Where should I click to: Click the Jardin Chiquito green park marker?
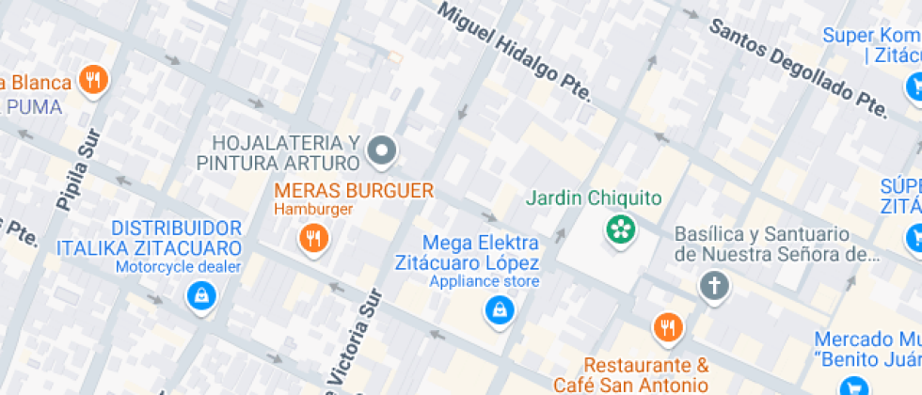click(x=620, y=229)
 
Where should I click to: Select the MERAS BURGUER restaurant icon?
click(x=313, y=238)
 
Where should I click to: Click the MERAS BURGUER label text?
click(x=354, y=190)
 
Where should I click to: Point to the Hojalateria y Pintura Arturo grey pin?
click(x=382, y=149)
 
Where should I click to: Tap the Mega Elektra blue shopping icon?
click(x=498, y=308)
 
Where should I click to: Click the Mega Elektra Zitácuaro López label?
click(x=481, y=253)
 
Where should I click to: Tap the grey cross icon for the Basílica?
click(x=714, y=285)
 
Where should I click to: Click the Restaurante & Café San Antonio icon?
click(x=667, y=327)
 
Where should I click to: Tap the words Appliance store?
click(x=485, y=281)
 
